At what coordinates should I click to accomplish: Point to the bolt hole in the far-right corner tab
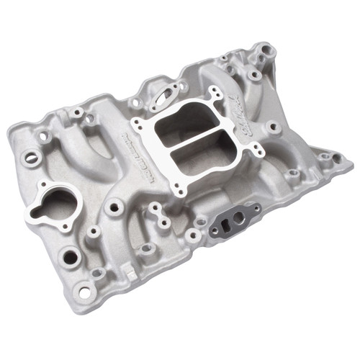click(337, 157)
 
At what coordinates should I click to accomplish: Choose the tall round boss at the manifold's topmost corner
click(267, 50)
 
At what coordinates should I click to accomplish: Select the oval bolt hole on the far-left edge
click(31, 157)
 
